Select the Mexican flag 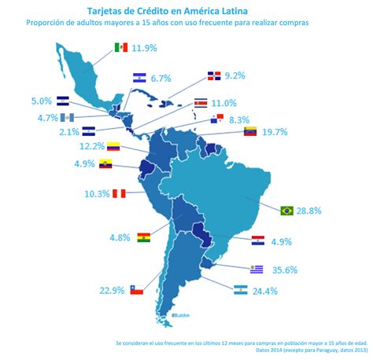point(120,48)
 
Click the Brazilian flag point(287,210)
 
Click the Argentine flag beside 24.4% point(241,290)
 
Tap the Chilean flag point(136,289)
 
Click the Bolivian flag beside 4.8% point(143,237)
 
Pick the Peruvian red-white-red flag point(118,193)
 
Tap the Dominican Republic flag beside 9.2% point(212,76)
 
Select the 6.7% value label point(161,78)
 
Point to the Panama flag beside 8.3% point(217,119)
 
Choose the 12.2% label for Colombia point(92,146)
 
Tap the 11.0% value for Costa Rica point(224,103)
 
